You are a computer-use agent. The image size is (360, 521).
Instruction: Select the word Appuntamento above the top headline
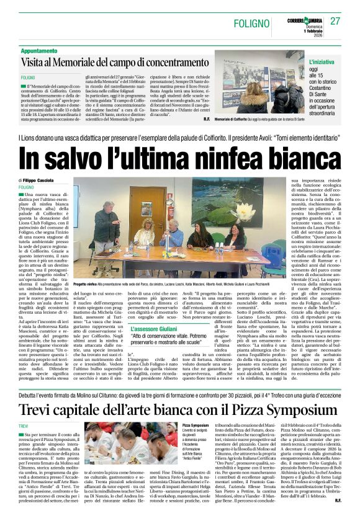[x=43, y=50]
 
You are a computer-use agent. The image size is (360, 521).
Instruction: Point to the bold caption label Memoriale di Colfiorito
[x=231, y=118]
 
